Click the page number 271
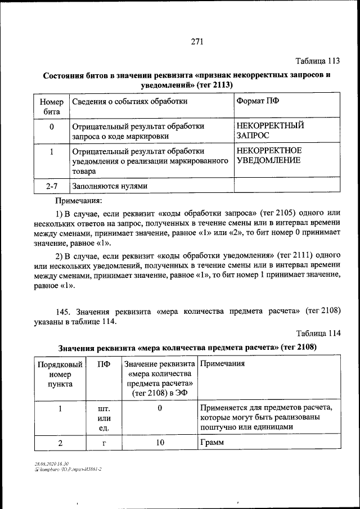196,42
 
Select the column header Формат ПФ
257,101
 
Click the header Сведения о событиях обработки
129,101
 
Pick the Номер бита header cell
51,106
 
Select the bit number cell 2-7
51,186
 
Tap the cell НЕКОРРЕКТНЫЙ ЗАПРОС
266,131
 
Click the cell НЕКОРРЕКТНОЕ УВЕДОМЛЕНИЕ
269,156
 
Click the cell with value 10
160,443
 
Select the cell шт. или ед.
103,418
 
